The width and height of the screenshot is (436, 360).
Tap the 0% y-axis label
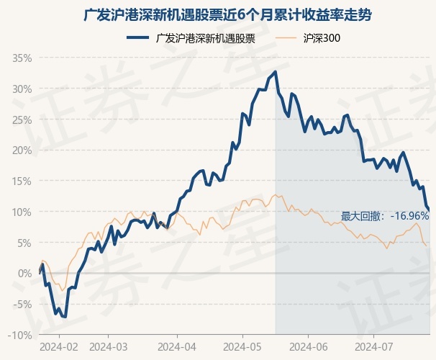25,274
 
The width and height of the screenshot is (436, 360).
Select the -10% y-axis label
21,335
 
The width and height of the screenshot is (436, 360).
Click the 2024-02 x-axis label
58,346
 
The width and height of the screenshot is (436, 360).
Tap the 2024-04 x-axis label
176,346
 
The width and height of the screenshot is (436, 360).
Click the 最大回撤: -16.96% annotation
384,215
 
